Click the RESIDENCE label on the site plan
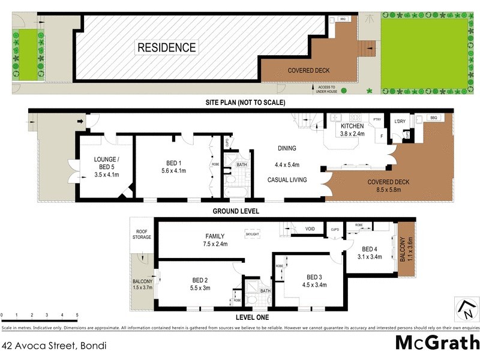tap(167, 47)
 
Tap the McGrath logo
tap(437, 343)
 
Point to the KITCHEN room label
tap(352, 127)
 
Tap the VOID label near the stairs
tap(310, 229)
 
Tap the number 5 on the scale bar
tap(77, 315)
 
